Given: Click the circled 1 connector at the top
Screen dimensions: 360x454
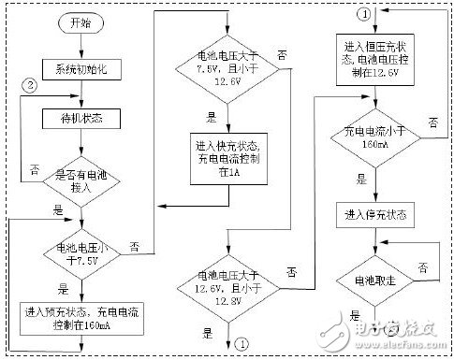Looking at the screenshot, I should (362, 12).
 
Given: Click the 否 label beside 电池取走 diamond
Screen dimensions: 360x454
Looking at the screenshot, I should (424, 269).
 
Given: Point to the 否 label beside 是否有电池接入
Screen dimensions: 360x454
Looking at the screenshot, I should (35, 171).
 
